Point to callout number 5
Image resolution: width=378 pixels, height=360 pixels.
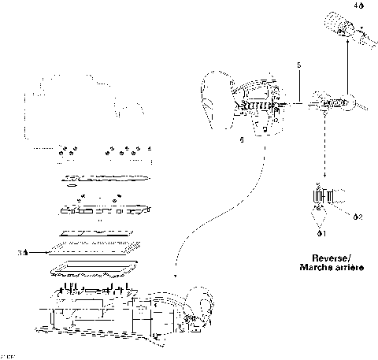coord(298,63)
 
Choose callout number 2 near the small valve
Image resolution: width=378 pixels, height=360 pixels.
coord(358,217)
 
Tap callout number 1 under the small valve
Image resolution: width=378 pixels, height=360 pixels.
coord(321,233)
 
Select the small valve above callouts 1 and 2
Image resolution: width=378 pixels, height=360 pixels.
coord(325,197)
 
